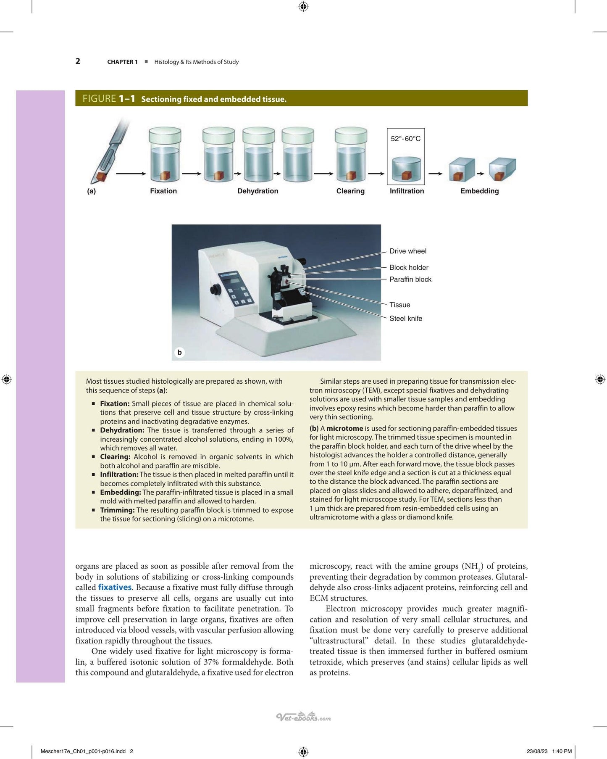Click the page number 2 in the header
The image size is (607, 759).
point(78,61)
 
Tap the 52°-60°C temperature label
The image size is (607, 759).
point(405,139)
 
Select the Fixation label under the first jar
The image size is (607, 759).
point(163,191)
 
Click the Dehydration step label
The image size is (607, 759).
point(258,191)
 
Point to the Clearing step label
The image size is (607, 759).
point(350,191)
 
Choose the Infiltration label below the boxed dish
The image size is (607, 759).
point(407,191)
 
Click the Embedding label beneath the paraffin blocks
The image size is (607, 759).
point(479,191)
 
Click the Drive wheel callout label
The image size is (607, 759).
point(407,251)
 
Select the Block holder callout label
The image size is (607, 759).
point(409,268)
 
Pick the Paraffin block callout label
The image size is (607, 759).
point(410,279)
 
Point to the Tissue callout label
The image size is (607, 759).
point(399,305)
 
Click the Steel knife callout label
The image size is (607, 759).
point(406,319)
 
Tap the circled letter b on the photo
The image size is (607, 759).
point(180,352)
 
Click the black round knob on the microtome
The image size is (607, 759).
point(215,290)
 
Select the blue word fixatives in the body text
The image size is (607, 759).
point(115,587)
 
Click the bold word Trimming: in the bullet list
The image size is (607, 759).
point(117,510)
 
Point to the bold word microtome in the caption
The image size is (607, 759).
point(344,428)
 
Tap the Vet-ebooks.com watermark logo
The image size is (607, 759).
point(303,717)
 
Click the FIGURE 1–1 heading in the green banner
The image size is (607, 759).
point(109,99)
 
